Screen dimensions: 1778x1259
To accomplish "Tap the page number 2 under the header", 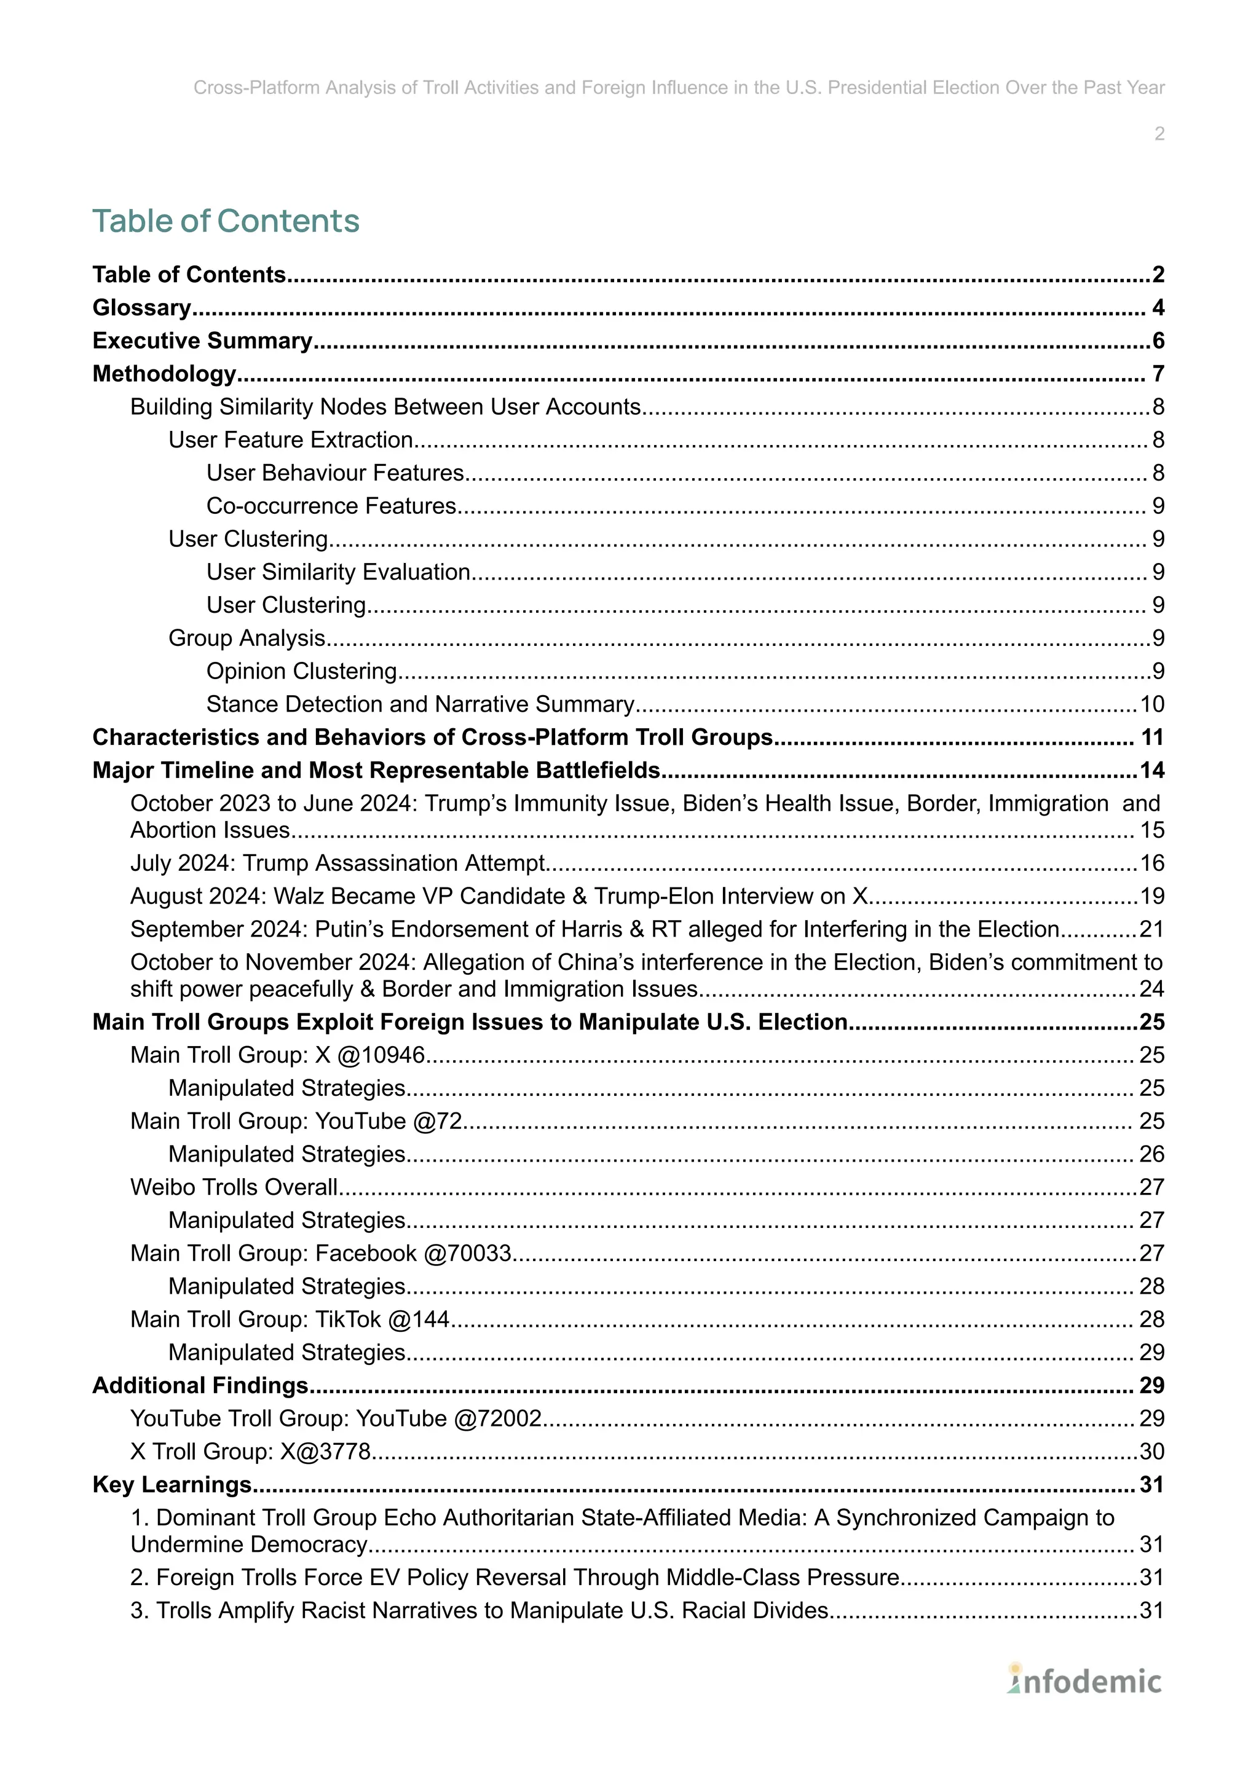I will point(1158,134).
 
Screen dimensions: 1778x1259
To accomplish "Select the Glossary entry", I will point(142,308).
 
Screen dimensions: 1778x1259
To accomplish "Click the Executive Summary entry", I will point(202,341).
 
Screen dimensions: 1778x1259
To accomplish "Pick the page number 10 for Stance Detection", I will point(1151,704).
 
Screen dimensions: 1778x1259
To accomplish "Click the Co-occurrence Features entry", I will point(331,506).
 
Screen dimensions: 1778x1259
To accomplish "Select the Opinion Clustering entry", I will point(302,671).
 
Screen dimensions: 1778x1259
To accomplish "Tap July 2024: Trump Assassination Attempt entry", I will point(338,863).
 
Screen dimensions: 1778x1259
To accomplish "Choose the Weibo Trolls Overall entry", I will point(234,1187).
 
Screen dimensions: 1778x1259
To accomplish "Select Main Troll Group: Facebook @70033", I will point(321,1253).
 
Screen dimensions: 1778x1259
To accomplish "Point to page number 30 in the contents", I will point(1151,1451).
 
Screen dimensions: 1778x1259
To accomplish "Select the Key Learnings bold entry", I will point(172,1484).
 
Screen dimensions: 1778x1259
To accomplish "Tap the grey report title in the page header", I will point(678,88).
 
